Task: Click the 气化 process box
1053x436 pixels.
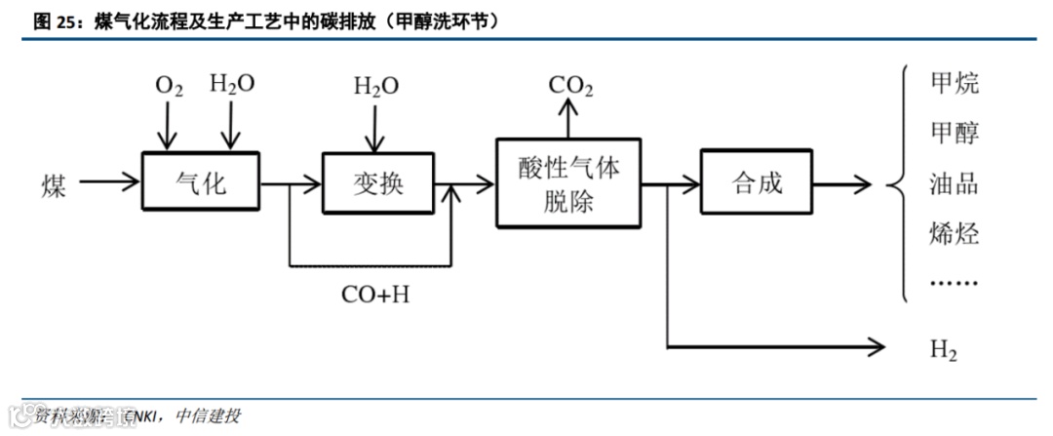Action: pos(201,181)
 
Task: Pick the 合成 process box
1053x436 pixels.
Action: pos(757,181)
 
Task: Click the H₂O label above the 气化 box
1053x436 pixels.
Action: pos(232,84)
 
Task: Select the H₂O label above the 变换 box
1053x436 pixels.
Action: pos(375,86)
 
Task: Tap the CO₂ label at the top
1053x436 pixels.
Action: pos(570,86)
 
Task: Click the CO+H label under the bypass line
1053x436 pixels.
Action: pos(374,294)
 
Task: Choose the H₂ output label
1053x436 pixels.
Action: pos(944,349)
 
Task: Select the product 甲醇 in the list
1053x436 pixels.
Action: pos(955,134)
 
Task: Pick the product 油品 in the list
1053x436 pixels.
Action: pos(955,184)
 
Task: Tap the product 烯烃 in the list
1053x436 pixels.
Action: pos(955,234)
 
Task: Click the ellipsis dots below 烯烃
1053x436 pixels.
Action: pos(955,284)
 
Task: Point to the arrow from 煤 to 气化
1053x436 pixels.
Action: pos(109,181)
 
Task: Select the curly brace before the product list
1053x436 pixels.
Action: pos(898,183)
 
